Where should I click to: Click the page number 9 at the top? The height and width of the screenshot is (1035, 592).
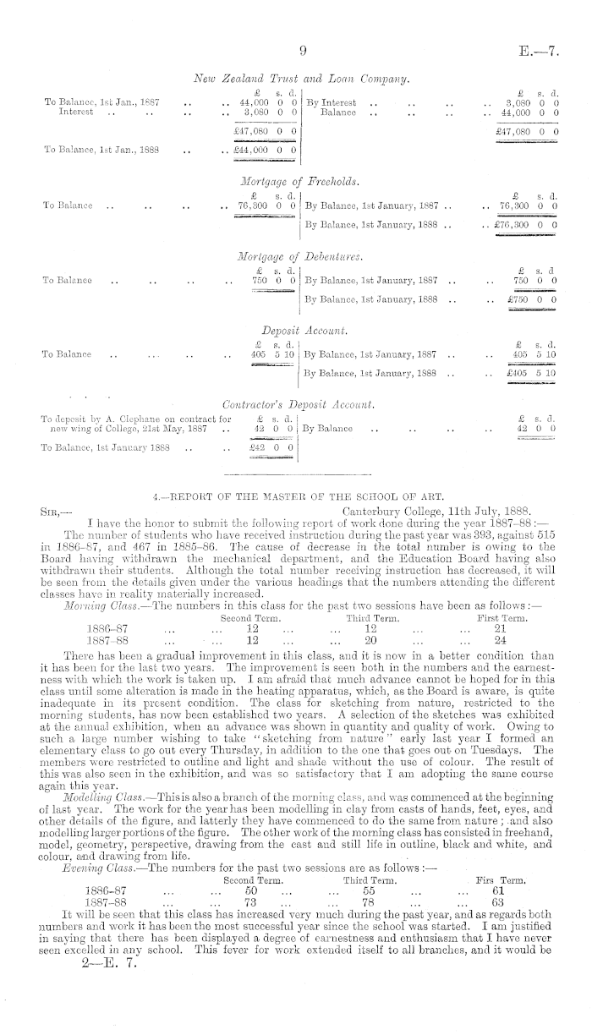299,50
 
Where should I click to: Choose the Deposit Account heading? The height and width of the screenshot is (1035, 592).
301,330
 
